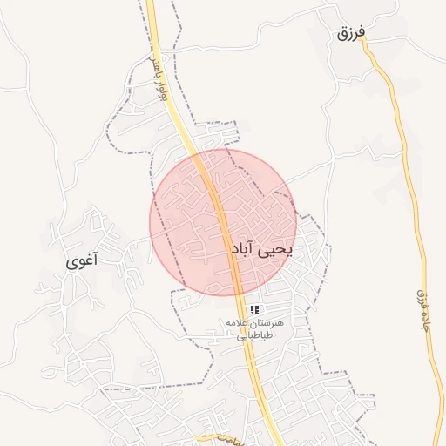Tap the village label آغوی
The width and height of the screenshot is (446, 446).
point(83,260)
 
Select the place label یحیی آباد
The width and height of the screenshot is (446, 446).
point(264,249)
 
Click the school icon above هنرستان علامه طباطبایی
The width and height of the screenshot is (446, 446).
point(254,309)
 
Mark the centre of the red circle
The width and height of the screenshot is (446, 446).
point(223,222)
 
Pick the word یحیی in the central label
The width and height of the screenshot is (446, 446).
point(281,250)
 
